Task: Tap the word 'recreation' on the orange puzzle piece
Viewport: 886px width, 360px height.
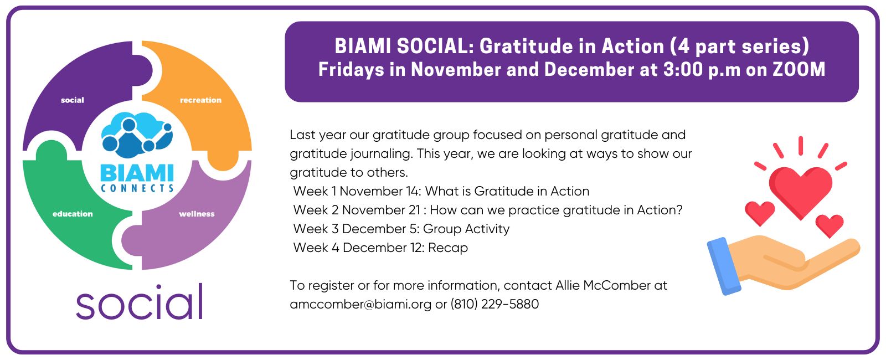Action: (200, 100)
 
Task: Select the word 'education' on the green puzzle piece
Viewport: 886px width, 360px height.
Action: (73, 214)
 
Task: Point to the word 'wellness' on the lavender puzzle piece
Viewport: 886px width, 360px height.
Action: (197, 214)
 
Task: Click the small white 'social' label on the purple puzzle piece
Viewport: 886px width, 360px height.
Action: (73, 100)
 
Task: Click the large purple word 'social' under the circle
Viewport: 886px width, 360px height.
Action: (139, 302)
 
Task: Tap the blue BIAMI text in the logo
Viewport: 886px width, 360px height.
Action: (137, 173)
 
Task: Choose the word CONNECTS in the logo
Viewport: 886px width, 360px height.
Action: (137, 188)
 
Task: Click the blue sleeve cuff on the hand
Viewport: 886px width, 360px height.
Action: (723, 266)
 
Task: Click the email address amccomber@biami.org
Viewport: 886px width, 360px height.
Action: (360, 304)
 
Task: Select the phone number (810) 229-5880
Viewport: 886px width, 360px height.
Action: (494, 304)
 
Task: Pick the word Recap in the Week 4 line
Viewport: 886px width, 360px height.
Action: (448, 248)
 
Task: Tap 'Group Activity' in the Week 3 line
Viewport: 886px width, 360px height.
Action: (466, 229)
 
